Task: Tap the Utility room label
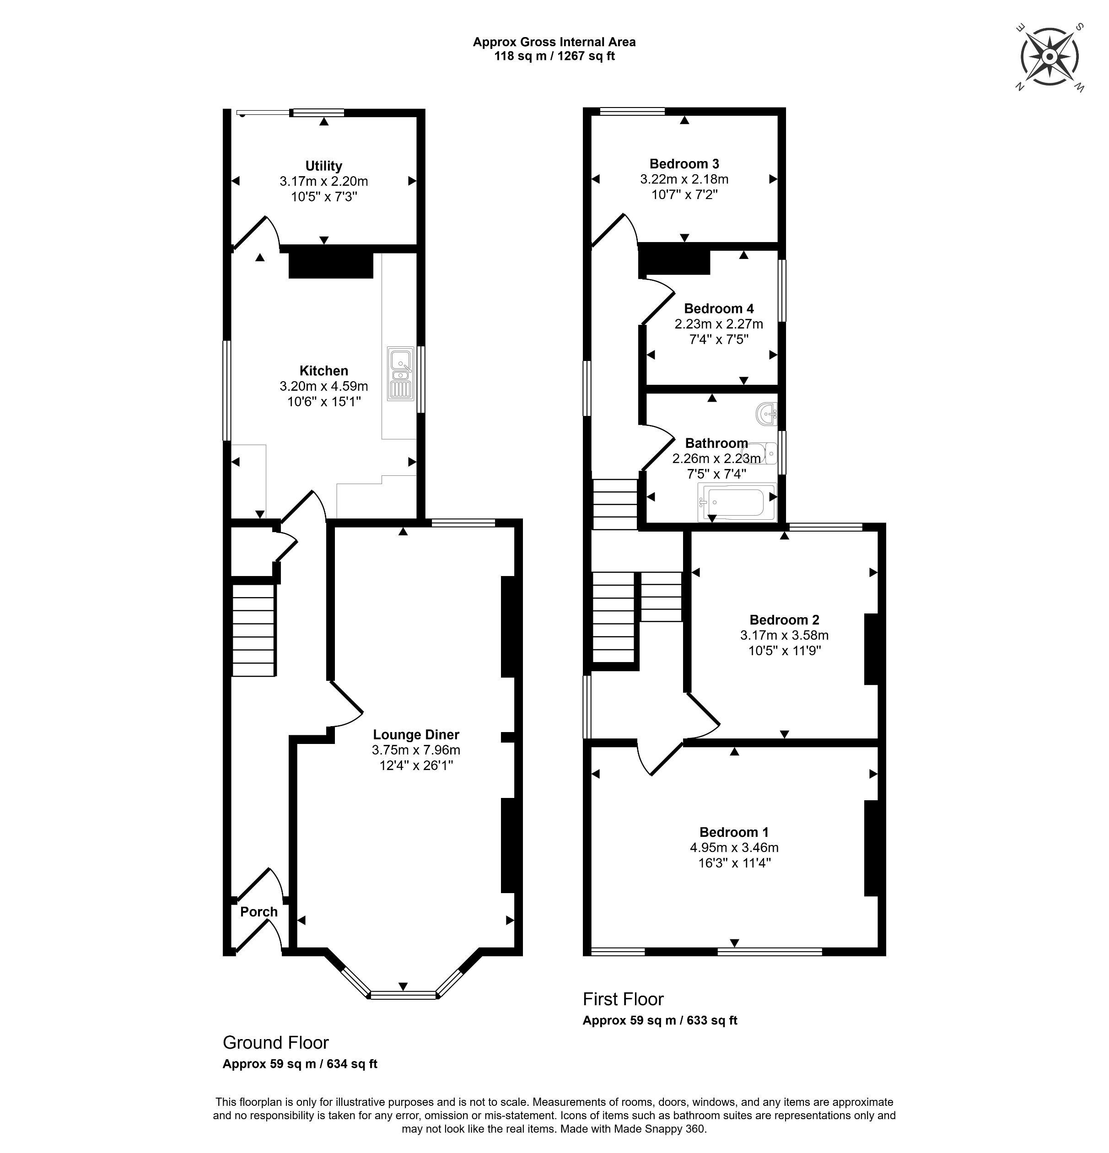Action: (x=323, y=166)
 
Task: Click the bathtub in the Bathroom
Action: (x=737, y=502)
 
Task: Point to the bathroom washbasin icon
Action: (x=767, y=414)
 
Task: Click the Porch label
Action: (x=259, y=912)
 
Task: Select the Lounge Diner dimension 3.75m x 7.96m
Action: (x=415, y=750)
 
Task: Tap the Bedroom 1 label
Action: (x=734, y=832)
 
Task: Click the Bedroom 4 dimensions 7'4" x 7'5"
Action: (x=718, y=339)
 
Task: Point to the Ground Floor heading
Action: (x=275, y=1042)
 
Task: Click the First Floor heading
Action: (x=623, y=999)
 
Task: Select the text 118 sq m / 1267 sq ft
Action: (x=554, y=56)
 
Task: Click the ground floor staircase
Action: (x=253, y=630)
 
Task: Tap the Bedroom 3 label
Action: (x=684, y=163)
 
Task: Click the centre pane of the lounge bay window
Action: (x=403, y=995)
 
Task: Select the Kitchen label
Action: (x=323, y=371)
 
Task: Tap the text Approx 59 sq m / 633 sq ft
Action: (x=660, y=1020)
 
